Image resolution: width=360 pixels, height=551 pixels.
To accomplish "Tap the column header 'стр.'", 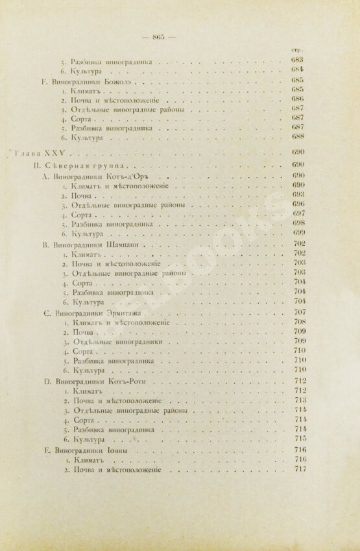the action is click(x=300, y=50).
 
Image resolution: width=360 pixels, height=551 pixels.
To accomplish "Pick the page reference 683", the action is click(x=299, y=60).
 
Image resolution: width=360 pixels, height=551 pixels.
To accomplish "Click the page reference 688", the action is click(x=298, y=138).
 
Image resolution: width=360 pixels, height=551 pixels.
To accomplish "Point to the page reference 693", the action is click(x=299, y=194).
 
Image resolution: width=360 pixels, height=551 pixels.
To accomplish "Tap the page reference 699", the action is click(x=299, y=232).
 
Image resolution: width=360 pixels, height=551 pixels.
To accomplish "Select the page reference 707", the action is click(x=299, y=312).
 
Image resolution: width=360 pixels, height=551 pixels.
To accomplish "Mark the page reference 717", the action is click(x=299, y=469).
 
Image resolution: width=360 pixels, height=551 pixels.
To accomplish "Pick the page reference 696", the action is click(x=299, y=204).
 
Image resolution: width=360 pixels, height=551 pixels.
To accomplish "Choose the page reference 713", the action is click(x=299, y=400).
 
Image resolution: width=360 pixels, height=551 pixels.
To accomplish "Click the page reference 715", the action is click(x=299, y=438).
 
